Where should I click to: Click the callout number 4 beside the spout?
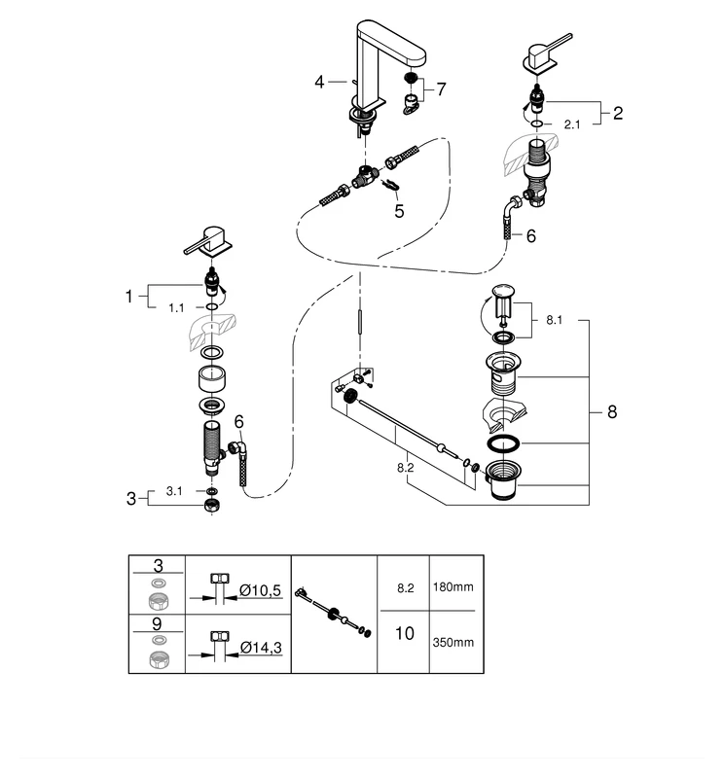click(319, 83)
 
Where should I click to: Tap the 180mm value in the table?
click(452, 588)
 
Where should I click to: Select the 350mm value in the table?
click(452, 642)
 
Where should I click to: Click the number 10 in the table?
click(405, 634)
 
